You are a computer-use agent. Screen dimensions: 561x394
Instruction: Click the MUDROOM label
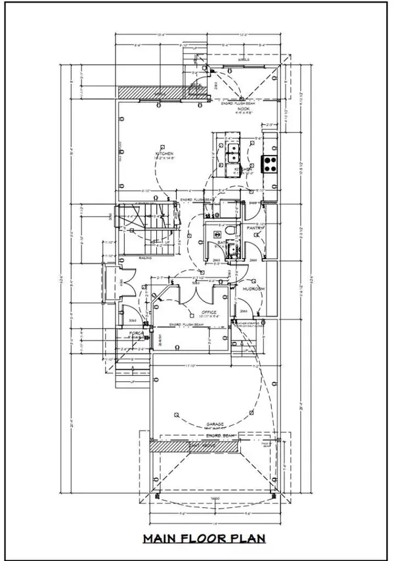pyautogui.click(x=253, y=289)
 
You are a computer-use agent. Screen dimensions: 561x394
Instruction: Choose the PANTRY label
pyautogui.click(x=255, y=228)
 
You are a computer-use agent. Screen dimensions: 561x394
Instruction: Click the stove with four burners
pyautogui.click(x=270, y=163)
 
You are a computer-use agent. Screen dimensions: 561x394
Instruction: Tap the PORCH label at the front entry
pyautogui.click(x=135, y=333)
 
